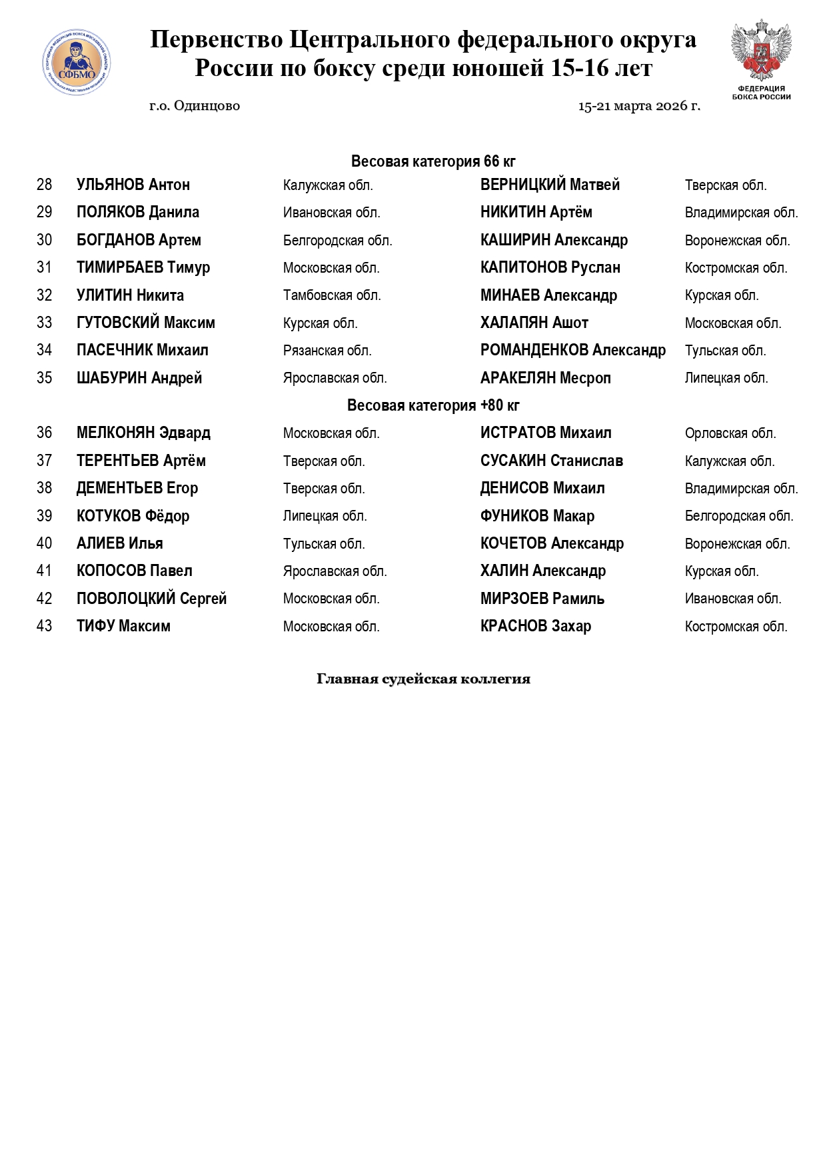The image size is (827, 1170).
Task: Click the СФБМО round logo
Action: point(77,62)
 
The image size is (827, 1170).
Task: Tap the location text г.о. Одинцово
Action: point(195,106)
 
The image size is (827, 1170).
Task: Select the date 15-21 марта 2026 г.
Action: point(639,106)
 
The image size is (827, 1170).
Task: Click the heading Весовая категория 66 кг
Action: point(433,161)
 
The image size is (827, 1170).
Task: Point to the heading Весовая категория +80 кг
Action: point(433,405)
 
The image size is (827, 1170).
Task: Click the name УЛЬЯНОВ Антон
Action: point(133,185)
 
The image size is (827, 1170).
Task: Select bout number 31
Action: point(45,267)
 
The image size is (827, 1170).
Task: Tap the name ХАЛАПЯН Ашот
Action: point(534,323)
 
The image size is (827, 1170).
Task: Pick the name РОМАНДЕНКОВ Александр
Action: point(573,350)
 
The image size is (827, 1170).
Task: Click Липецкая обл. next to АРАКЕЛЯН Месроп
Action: point(726,378)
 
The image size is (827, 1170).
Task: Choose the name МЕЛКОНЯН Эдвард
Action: point(143,433)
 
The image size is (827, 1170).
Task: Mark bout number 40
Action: point(45,543)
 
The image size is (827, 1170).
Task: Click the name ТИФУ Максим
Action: point(123,626)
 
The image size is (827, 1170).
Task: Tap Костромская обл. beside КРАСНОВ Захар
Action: point(736,627)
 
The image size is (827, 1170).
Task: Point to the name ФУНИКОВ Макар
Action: point(537,516)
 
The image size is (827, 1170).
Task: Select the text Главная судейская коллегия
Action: point(423,679)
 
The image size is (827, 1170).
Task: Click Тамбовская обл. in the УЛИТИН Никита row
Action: point(332,295)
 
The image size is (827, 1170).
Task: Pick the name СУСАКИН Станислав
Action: point(552,461)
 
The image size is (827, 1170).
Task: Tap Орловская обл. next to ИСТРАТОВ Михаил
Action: point(730,433)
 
